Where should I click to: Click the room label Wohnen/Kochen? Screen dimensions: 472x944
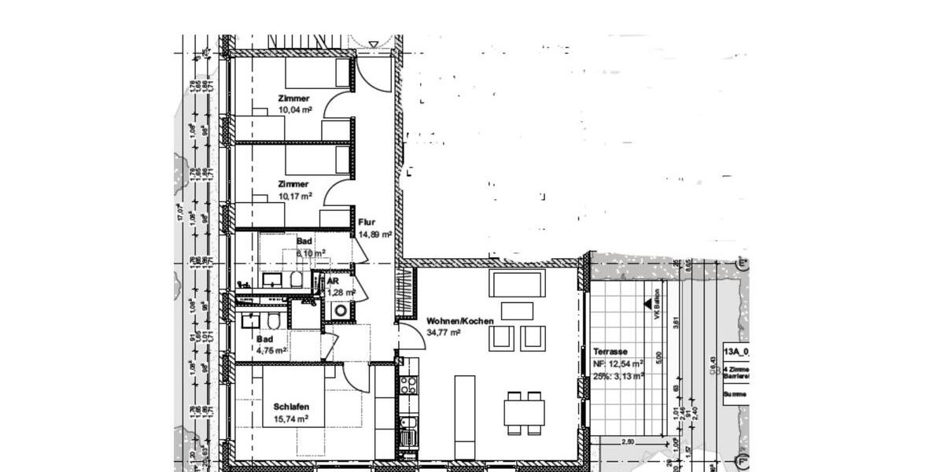(x=460, y=321)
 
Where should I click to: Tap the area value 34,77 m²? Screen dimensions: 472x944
(x=443, y=333)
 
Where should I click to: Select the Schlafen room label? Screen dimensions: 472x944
(x=291, y=407)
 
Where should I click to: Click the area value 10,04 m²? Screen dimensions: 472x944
(x=294, y=111)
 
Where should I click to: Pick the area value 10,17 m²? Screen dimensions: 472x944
(x=294, y=196)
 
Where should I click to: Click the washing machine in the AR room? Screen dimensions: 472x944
(x=341, y=311)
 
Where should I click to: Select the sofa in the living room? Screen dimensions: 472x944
(x=517, y=282)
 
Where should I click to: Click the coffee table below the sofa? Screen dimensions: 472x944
(x=517, y=311)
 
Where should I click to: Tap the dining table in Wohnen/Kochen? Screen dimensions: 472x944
(x=524, y=411)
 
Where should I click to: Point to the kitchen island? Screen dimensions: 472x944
(x=464, y=417)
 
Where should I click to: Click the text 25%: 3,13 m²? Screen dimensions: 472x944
(x=618, y=376)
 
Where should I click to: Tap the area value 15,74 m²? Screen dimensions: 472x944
(x=290, y=419)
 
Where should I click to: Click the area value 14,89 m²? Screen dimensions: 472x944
(x=374, y=234)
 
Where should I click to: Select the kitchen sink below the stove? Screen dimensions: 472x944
(x=407, y=431)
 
